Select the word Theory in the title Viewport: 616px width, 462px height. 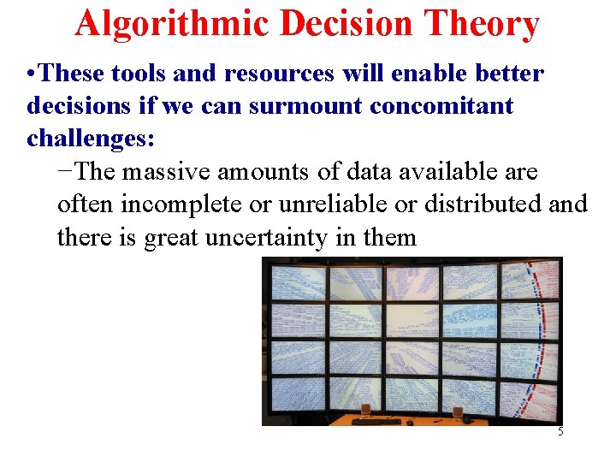point(484,24)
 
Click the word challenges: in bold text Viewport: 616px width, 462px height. point(91,138)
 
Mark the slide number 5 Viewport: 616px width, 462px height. point(560,432)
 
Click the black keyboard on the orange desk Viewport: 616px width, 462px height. point(376,421)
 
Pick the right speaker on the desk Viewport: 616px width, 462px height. point(458,414)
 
